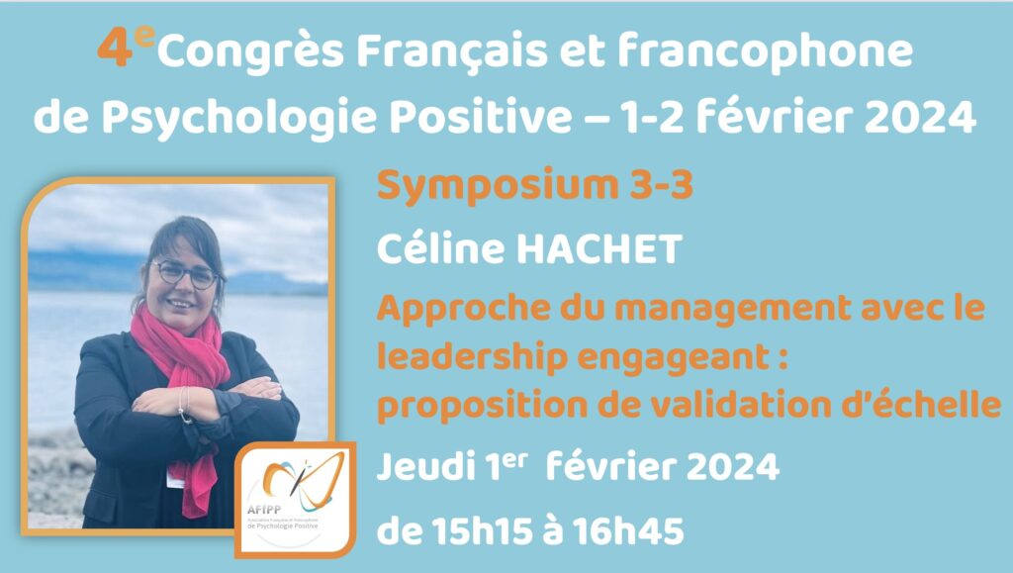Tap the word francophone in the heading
(765, 50)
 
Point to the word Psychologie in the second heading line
(238, 119)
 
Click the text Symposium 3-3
(535, 185)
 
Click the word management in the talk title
(732, 310)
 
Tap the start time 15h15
(482, 531)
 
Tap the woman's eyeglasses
(185, 274)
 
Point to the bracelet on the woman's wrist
(185, 406)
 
